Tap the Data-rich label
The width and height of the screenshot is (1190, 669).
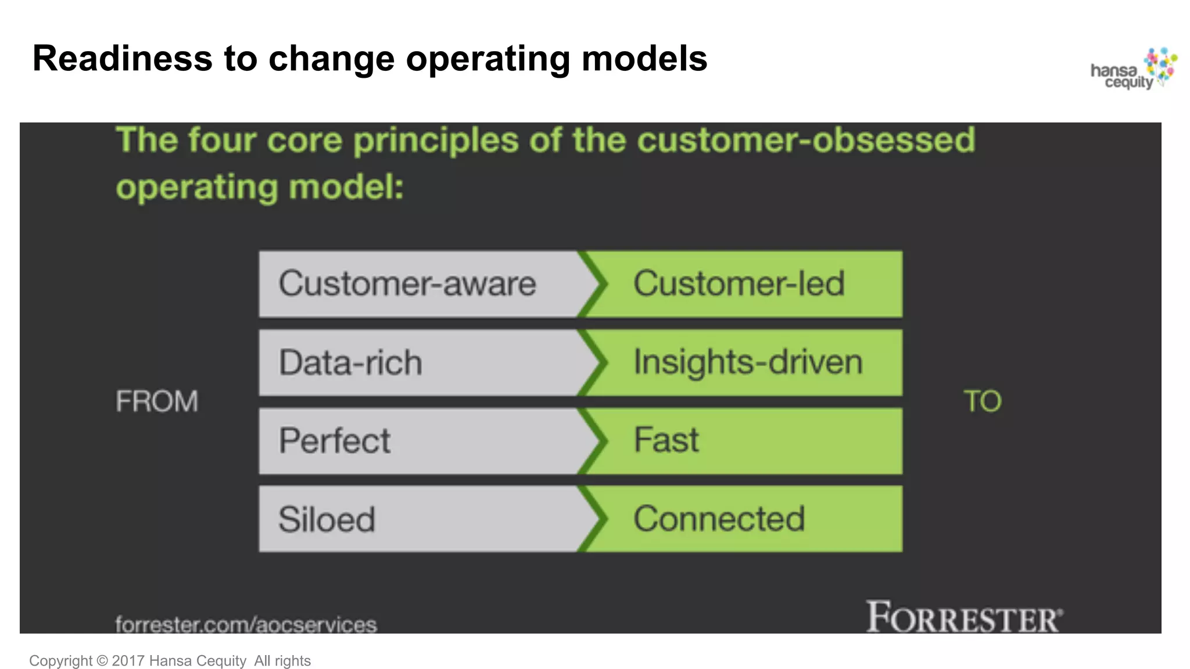350,363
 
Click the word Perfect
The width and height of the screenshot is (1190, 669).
335,441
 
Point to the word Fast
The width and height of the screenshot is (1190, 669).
666,440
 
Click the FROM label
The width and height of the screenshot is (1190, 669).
157,401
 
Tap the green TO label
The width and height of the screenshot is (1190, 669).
983,401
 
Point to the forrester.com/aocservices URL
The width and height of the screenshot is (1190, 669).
246,625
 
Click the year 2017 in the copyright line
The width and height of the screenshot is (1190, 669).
128,661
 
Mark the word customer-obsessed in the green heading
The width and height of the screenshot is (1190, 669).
806,140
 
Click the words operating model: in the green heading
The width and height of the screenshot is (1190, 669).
260,188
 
